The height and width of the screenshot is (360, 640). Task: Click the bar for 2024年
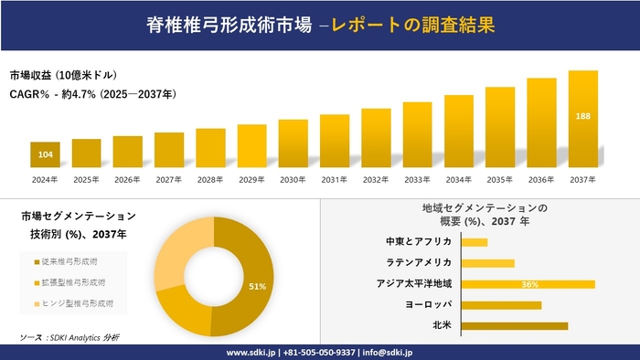tap(45, 154)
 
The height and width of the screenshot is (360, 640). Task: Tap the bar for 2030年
tap(293, 143)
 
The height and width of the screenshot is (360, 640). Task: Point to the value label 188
tap(582, 117)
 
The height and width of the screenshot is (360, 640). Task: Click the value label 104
tap(45, 154)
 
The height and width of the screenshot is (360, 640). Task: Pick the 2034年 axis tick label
tap(458, 179)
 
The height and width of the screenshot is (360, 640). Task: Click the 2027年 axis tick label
tap(169, 179)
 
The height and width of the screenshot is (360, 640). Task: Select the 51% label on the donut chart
tap(257, 287)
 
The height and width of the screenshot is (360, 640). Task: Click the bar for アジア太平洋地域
tap(528, 284)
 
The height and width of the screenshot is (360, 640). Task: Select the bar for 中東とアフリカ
tap(475, 242)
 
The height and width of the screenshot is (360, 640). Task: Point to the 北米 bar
tap(515, 325)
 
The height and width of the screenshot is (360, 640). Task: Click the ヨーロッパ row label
tap(427, 304)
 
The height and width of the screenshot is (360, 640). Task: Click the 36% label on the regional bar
tap(529, 284)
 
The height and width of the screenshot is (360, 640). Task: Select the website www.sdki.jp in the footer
tap(252, 352)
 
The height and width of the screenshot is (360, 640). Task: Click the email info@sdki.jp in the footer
tap(388, 352)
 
